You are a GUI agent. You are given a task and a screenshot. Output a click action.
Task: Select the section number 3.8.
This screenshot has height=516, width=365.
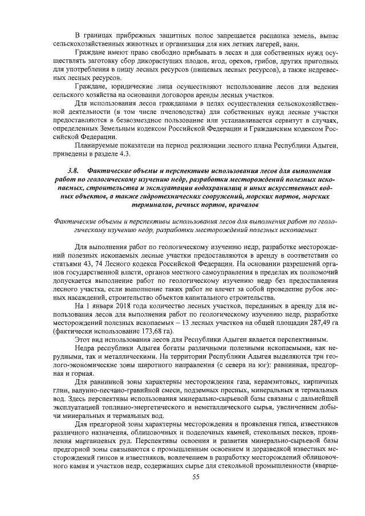(x=72, y=170)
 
